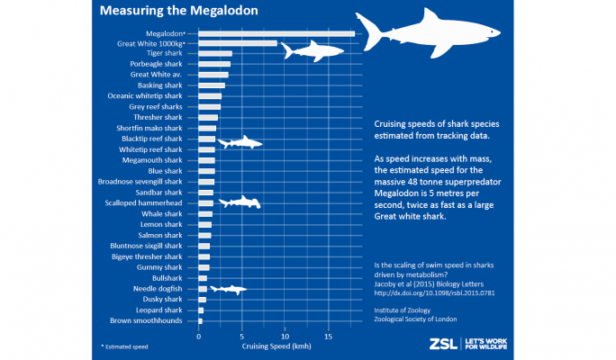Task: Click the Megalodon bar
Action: tap(276, 32)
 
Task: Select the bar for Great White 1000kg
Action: tap(238, 42)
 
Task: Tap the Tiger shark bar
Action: tap(215, 53)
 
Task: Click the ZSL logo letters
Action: tap(440, 343)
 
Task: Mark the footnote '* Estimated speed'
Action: tap(124, 344)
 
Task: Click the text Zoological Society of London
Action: tap(416, 319)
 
